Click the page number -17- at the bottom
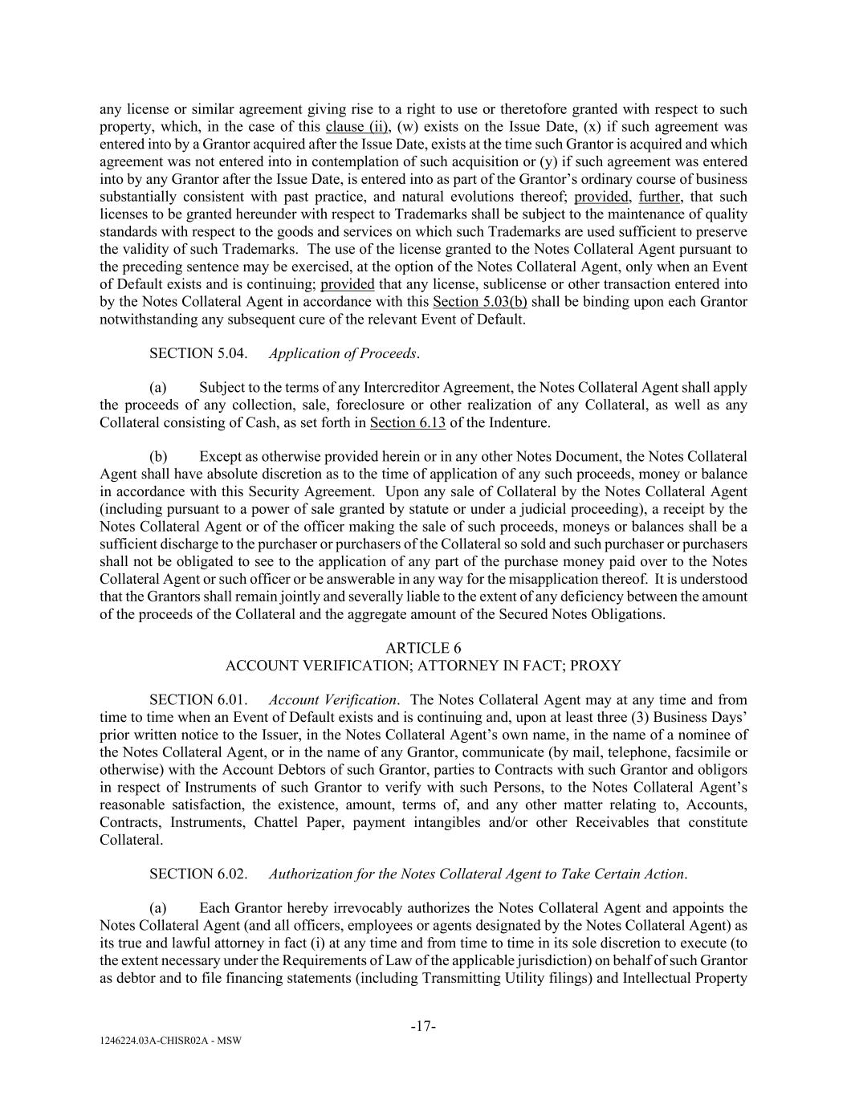423,1025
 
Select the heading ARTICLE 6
423,648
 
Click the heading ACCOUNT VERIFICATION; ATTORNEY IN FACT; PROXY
423,666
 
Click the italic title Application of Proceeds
344,353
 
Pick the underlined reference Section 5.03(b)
479,302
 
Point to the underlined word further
659,197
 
